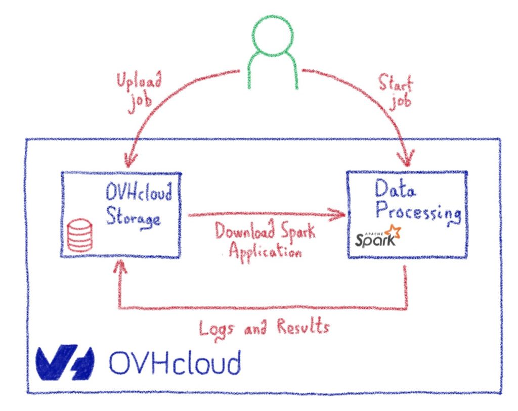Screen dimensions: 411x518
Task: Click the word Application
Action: [x=263, y=250]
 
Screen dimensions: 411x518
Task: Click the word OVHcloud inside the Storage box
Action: [x=139, y=194]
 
